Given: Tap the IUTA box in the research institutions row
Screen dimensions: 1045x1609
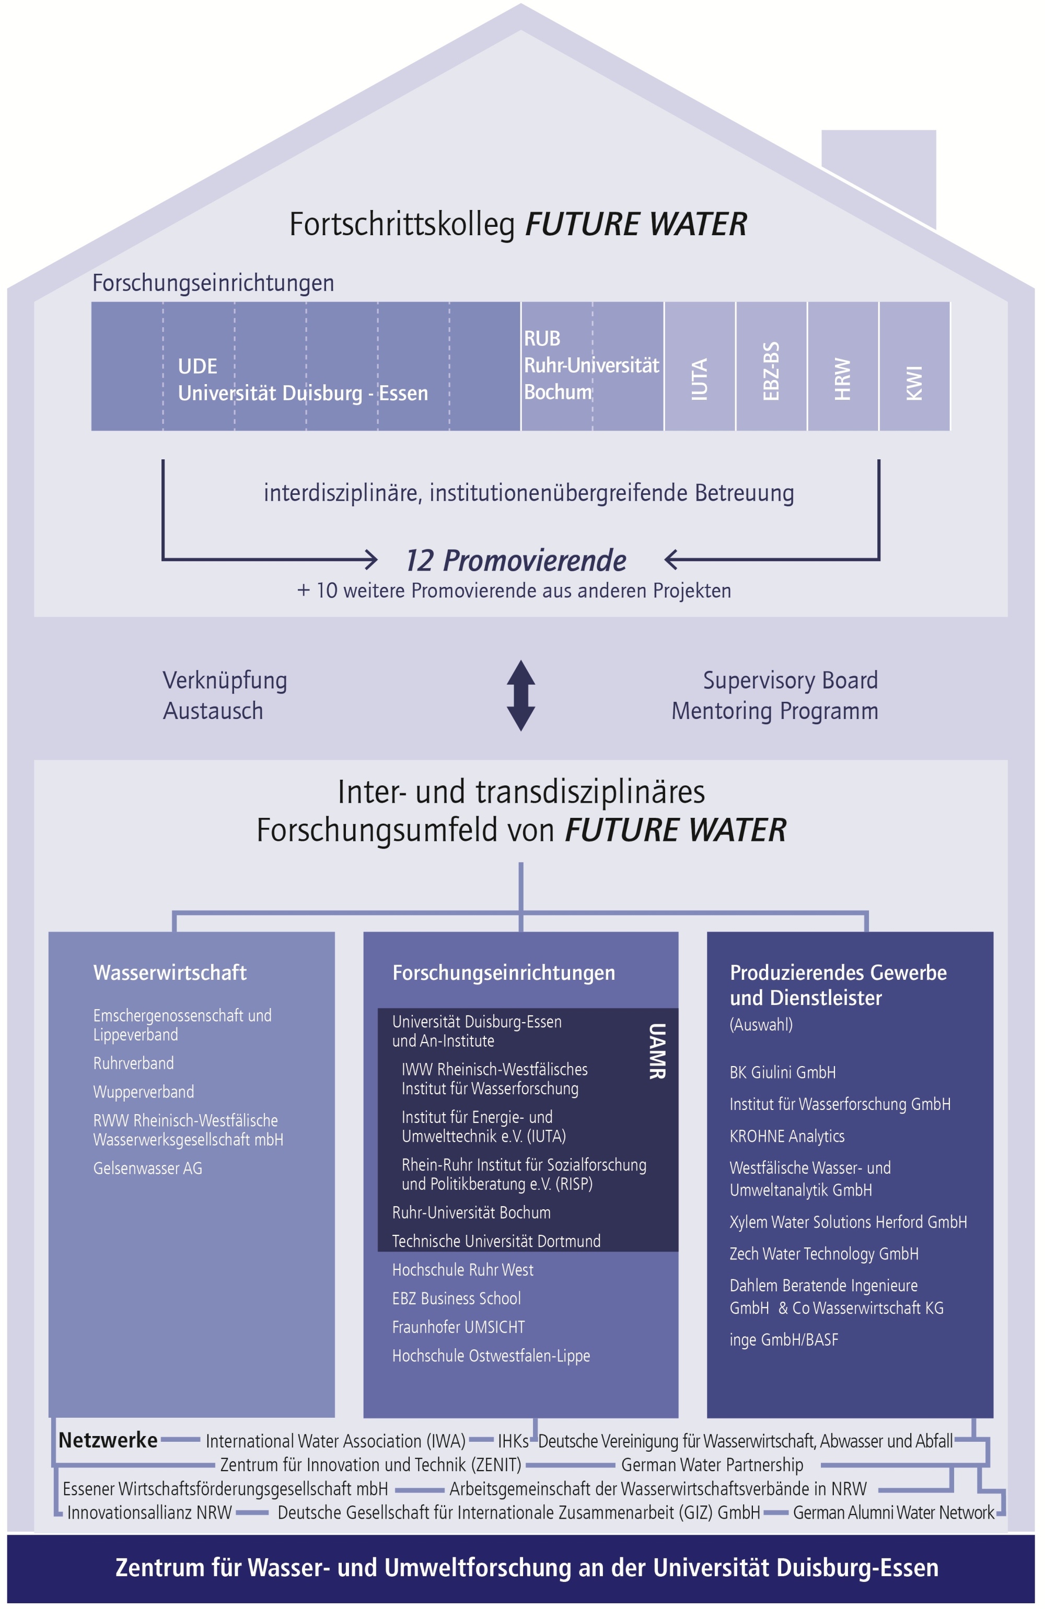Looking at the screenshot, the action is (700, 366).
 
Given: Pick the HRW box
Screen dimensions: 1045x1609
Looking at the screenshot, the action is (842, 366).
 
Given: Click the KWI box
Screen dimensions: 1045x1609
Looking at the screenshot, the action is (914, 366).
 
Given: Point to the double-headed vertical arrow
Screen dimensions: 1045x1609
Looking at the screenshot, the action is (520, 695).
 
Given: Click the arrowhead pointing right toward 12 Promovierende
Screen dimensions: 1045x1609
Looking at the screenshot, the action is (370, 559).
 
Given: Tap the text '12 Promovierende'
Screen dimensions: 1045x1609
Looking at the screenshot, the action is (516, 560).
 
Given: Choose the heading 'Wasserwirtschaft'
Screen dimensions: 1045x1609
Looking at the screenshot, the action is (170, 972).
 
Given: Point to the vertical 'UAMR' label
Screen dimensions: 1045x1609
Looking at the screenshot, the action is (657, 1051).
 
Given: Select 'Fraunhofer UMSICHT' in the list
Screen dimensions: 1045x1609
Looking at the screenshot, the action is (458, 1327).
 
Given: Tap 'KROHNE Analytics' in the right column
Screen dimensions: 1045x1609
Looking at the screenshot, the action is (787, 1136).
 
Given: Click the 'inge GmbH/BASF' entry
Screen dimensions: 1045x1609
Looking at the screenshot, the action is (783, 1339).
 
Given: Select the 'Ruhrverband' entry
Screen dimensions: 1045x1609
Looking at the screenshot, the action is (133, 1063).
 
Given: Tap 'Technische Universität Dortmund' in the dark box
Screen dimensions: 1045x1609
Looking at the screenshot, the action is (496, 1241).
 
